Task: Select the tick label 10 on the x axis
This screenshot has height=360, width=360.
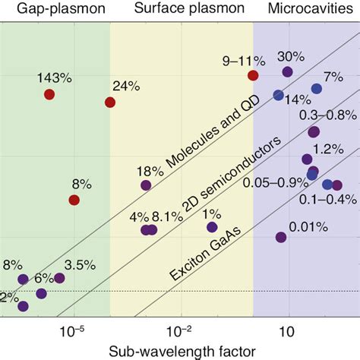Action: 287,331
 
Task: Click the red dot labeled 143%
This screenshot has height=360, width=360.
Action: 49,94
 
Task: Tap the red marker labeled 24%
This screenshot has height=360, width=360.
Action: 109,103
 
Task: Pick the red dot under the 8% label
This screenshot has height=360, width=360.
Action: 74,200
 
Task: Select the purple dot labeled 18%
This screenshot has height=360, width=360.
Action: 145,185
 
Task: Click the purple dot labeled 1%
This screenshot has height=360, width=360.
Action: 212,227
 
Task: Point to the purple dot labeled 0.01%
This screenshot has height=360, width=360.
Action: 281,238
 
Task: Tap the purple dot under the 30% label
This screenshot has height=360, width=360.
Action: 287,72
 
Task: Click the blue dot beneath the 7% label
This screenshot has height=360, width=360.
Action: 317,89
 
